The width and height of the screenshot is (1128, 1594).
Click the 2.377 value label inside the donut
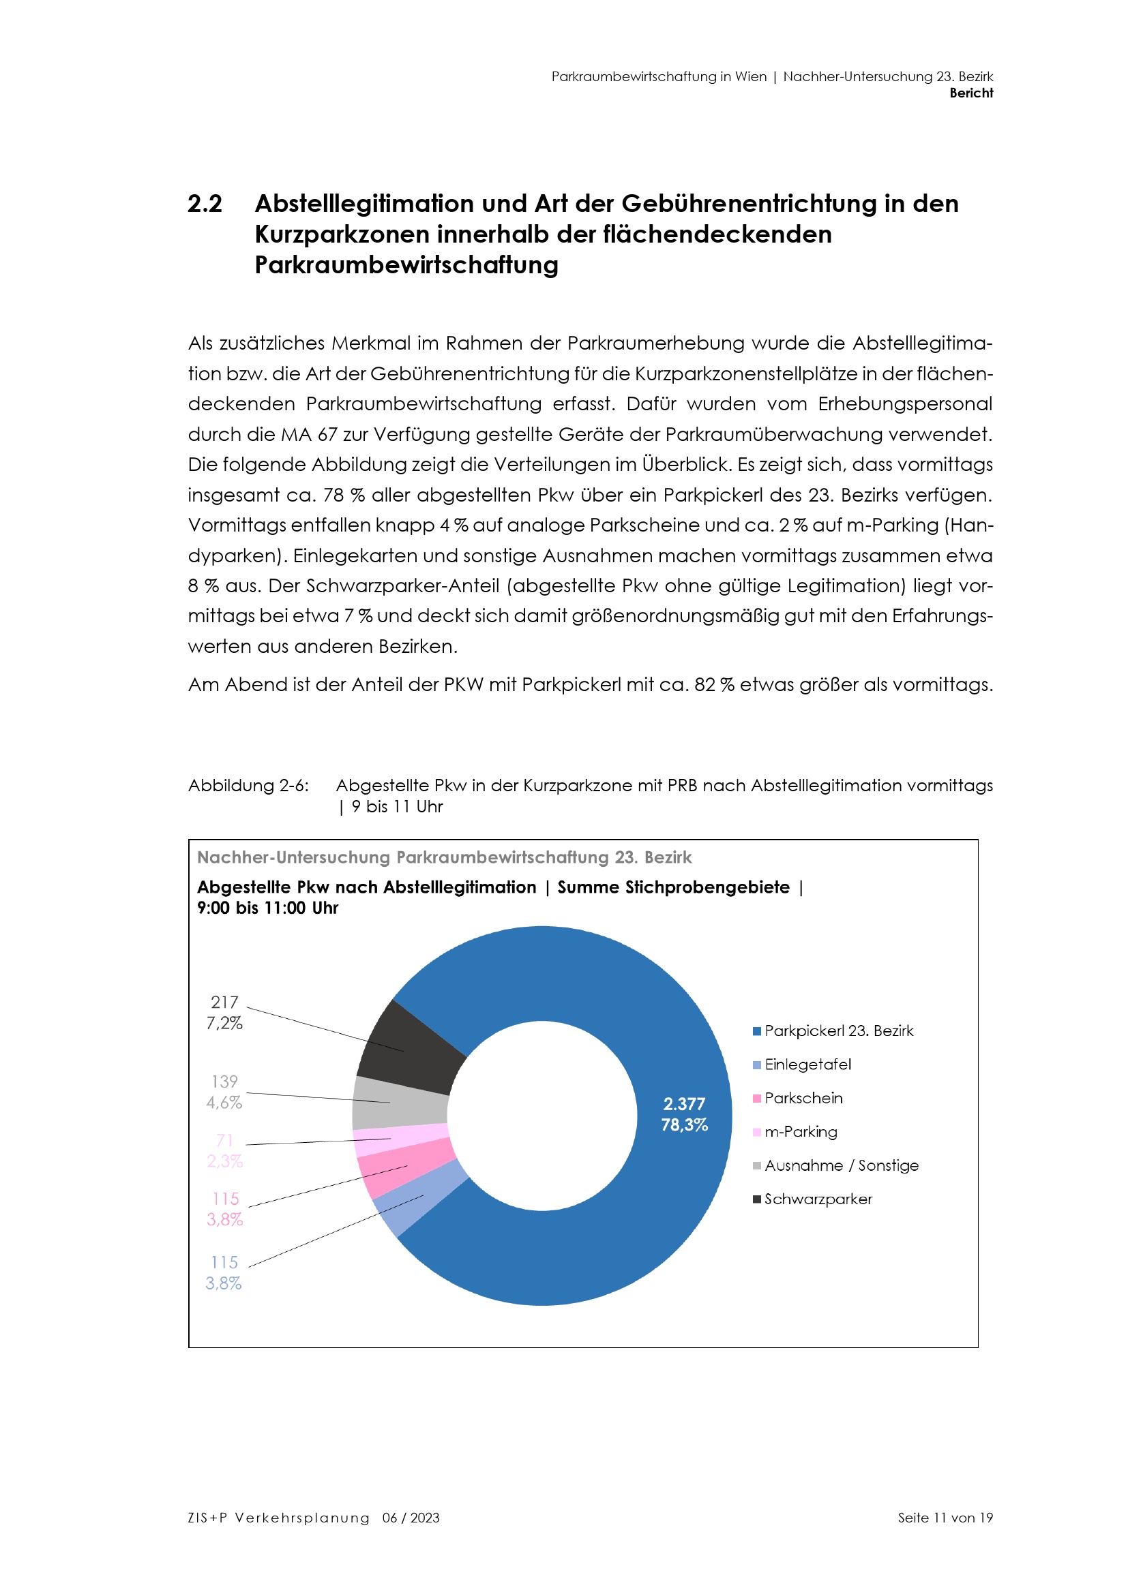tap(684, 1104)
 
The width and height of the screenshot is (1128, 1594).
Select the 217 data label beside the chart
tap(224, 1002)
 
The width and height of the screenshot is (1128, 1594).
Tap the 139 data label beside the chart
tap(224, 1082)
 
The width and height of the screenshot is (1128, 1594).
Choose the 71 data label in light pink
tap(224, 1140)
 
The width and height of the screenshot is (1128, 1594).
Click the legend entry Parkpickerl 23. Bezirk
tap(838, 1031)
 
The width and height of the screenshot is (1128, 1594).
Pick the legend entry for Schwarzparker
tap(818, 1199)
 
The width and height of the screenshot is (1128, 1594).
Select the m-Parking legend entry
tap(800, 1132)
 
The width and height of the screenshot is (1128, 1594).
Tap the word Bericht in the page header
tap(971, 93)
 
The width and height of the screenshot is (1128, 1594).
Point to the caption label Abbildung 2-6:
tap(249, 785)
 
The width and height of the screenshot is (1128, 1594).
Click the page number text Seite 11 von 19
tap(945, 1518)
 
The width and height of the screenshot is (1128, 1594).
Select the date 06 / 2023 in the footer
tap(411, 1518)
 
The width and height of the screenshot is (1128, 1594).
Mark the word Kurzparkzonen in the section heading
tap(342, 234)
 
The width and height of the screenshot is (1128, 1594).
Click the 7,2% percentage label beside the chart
tap(224, 1024)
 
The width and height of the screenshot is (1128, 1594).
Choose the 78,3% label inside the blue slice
tap(684, 1124)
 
